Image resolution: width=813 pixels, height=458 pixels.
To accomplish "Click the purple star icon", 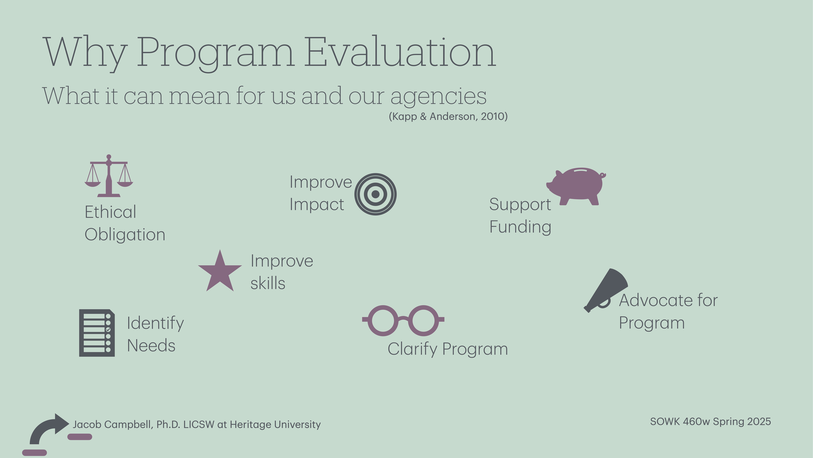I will click(220, 272).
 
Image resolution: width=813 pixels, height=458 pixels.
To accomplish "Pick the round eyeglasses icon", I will click(403, 320).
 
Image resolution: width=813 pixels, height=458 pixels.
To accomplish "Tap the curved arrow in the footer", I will click(47, 428).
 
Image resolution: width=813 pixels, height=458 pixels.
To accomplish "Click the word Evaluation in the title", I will click(400, 52).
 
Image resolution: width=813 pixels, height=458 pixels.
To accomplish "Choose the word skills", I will click(268, 283).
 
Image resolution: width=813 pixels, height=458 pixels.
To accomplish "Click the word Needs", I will click(151, 345).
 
